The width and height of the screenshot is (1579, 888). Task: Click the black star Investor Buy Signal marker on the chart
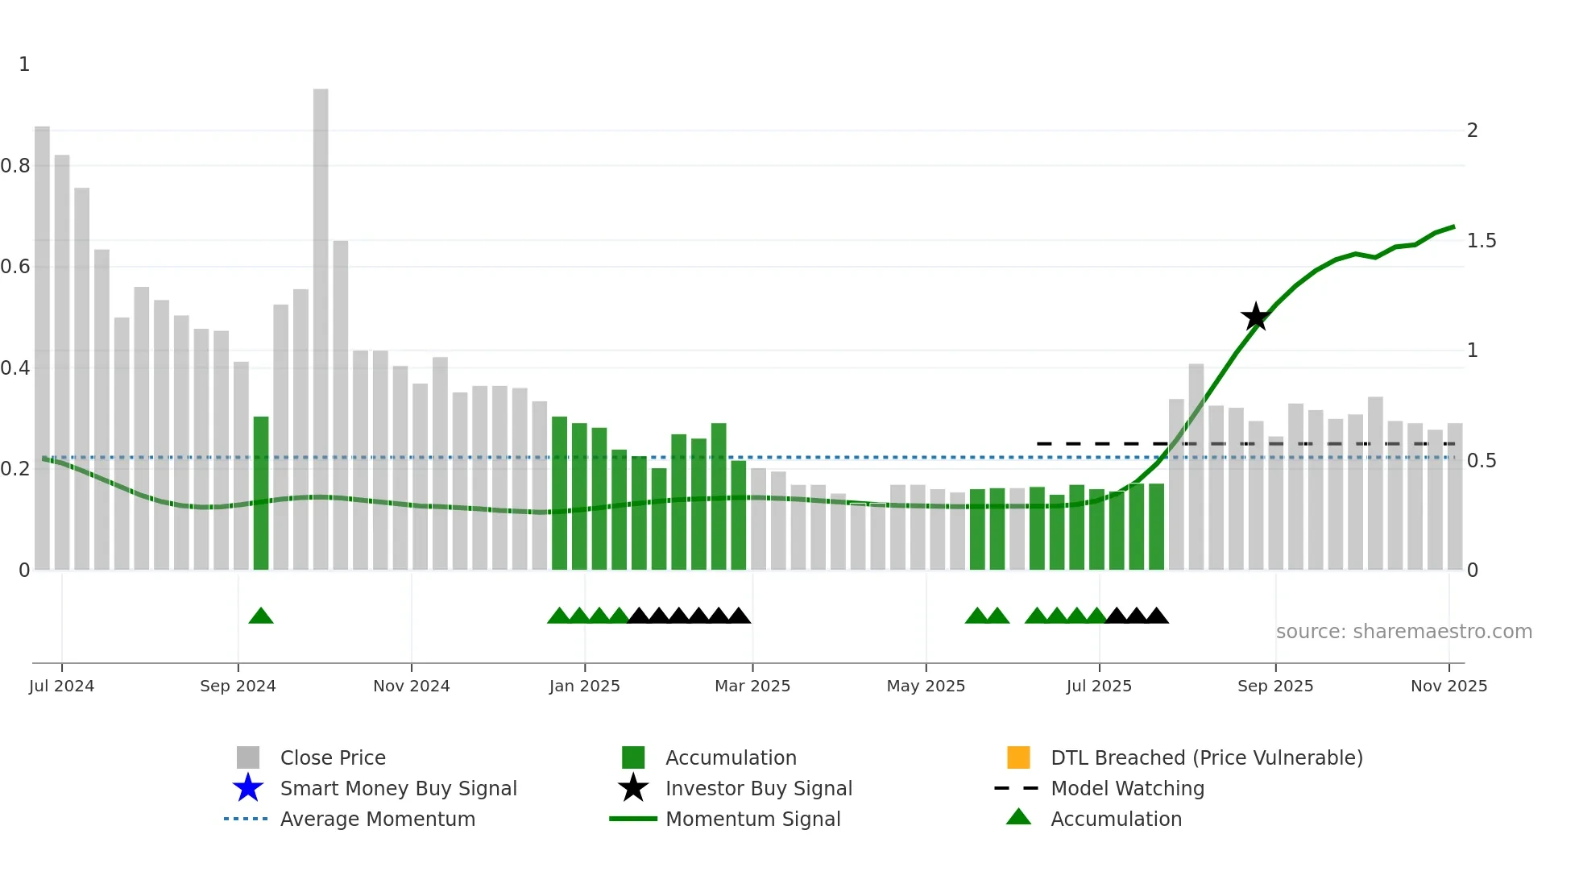(x=1255, y=317)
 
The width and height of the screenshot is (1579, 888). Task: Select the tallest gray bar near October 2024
(x=321, y=330)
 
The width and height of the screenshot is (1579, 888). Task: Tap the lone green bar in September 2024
(x=260, y=493)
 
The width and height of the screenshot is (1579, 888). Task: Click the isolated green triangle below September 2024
(x=260, y=616)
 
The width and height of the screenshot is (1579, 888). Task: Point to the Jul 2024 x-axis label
(x=61, y=686)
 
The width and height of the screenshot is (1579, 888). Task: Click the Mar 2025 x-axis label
(x=752, y=686)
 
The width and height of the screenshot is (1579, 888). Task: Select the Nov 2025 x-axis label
(x=1448, y=686)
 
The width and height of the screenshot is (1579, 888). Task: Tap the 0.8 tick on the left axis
(x=16, y=166)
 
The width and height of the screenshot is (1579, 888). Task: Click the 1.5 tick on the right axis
(x=1481, y=241)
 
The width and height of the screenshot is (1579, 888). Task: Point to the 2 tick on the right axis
(x=1472, y=131)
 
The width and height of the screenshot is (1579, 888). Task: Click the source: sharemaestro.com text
(x=1403, y=632)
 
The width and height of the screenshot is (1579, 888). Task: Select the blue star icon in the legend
(x=248, y=788)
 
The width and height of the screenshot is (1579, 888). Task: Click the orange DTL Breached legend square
(x=1018, y=757)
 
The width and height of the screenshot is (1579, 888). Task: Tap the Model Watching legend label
(x=1127, y=788)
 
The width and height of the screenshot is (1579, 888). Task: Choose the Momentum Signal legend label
(x=752, y=819)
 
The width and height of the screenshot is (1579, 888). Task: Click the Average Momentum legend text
(x=377, y=819)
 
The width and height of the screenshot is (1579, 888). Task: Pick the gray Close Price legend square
(x=248, y=757)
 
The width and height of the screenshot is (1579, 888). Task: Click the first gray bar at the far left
(x=42, y=348)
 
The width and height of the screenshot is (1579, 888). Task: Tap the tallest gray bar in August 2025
(x=1196, y=467)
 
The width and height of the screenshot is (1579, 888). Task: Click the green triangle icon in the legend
(x=1018, y=817)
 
